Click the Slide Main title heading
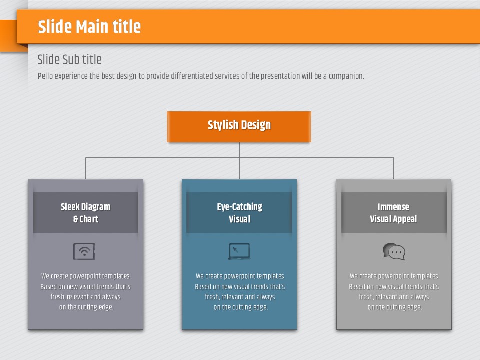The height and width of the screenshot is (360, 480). [x=89, y=26]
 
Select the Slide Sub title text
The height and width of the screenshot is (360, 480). [x=69, y=59]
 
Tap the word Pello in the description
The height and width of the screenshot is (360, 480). [x=45, y=76]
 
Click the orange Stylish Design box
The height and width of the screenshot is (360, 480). [x=239, y=126]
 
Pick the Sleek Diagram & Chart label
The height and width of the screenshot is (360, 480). [x=85, y=213]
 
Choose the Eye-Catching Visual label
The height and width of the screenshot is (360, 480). [x=239, y=213]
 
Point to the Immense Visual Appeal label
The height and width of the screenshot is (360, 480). [x=393, y=213]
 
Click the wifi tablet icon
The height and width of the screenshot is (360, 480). [x=84, y=251]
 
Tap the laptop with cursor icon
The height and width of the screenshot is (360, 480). [x=239, y=251]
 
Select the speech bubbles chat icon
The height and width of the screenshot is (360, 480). [x=394, y=251]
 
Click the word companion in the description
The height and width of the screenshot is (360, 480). [x=346, y=76]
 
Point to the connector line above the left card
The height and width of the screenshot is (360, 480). [x=85, y=168]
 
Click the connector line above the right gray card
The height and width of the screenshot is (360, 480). [x=393, y=168]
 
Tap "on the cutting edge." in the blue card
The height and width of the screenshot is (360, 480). [x=241, y=307]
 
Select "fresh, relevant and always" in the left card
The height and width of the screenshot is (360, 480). [x=85, y=297]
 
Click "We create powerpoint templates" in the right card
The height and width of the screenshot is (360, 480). [x=394, y=276]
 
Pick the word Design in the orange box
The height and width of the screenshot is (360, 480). [x=256, y=125]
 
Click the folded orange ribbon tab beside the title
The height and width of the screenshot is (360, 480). [x=8, y=35]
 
